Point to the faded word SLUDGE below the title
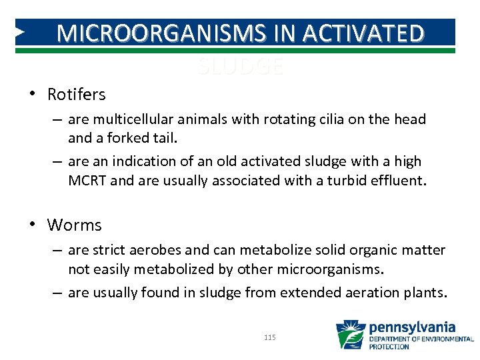(x=240, y=66)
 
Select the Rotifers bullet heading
(x=76, y=95)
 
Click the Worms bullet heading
(x=74, y=225)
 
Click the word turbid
(x=348, y=181)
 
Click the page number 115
(x=269, y=338)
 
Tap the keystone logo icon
(x=351, y=335)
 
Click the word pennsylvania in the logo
(x=412, y=327)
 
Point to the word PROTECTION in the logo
(x=389, y=347)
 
